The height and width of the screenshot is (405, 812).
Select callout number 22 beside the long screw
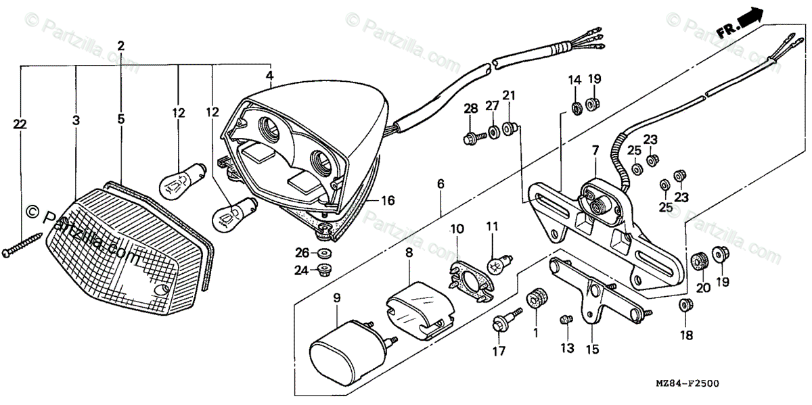coord(20,123)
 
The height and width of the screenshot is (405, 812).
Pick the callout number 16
coord(387,201)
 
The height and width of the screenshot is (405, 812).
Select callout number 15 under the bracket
coord(593,350)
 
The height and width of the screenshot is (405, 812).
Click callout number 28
coord(470,110)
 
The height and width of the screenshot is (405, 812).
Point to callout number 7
coord(595,149)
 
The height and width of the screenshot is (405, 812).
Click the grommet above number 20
coord(699,260)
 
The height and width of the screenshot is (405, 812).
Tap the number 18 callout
coord(687,335)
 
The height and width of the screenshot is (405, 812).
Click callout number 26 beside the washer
coord(302,253)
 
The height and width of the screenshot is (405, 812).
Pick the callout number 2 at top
coord(121,47)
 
